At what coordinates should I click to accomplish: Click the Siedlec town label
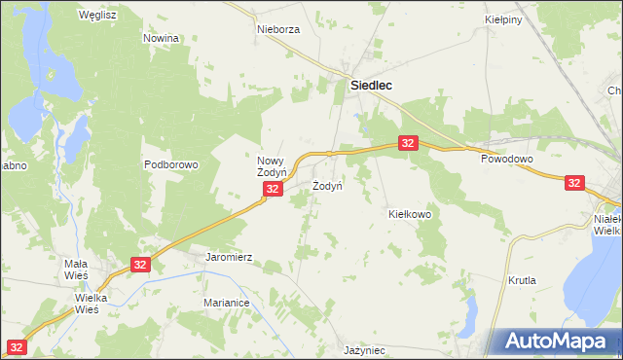(371, 86)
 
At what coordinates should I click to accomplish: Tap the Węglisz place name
(97, 16)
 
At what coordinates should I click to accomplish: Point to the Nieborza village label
(278, 29)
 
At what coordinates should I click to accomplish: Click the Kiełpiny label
(504, 18)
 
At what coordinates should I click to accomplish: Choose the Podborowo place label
(171, 164)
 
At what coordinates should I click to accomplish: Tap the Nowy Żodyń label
(275, 166)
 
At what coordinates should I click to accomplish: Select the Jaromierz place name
(229, 258)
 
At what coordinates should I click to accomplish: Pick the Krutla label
(522, 280)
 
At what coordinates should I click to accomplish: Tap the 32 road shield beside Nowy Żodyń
(274, 190)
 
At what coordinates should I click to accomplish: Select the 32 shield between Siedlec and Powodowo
(408, 143)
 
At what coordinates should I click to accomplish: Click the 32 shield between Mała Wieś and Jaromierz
(141, 265)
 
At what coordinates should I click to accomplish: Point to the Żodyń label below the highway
(327, 185)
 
